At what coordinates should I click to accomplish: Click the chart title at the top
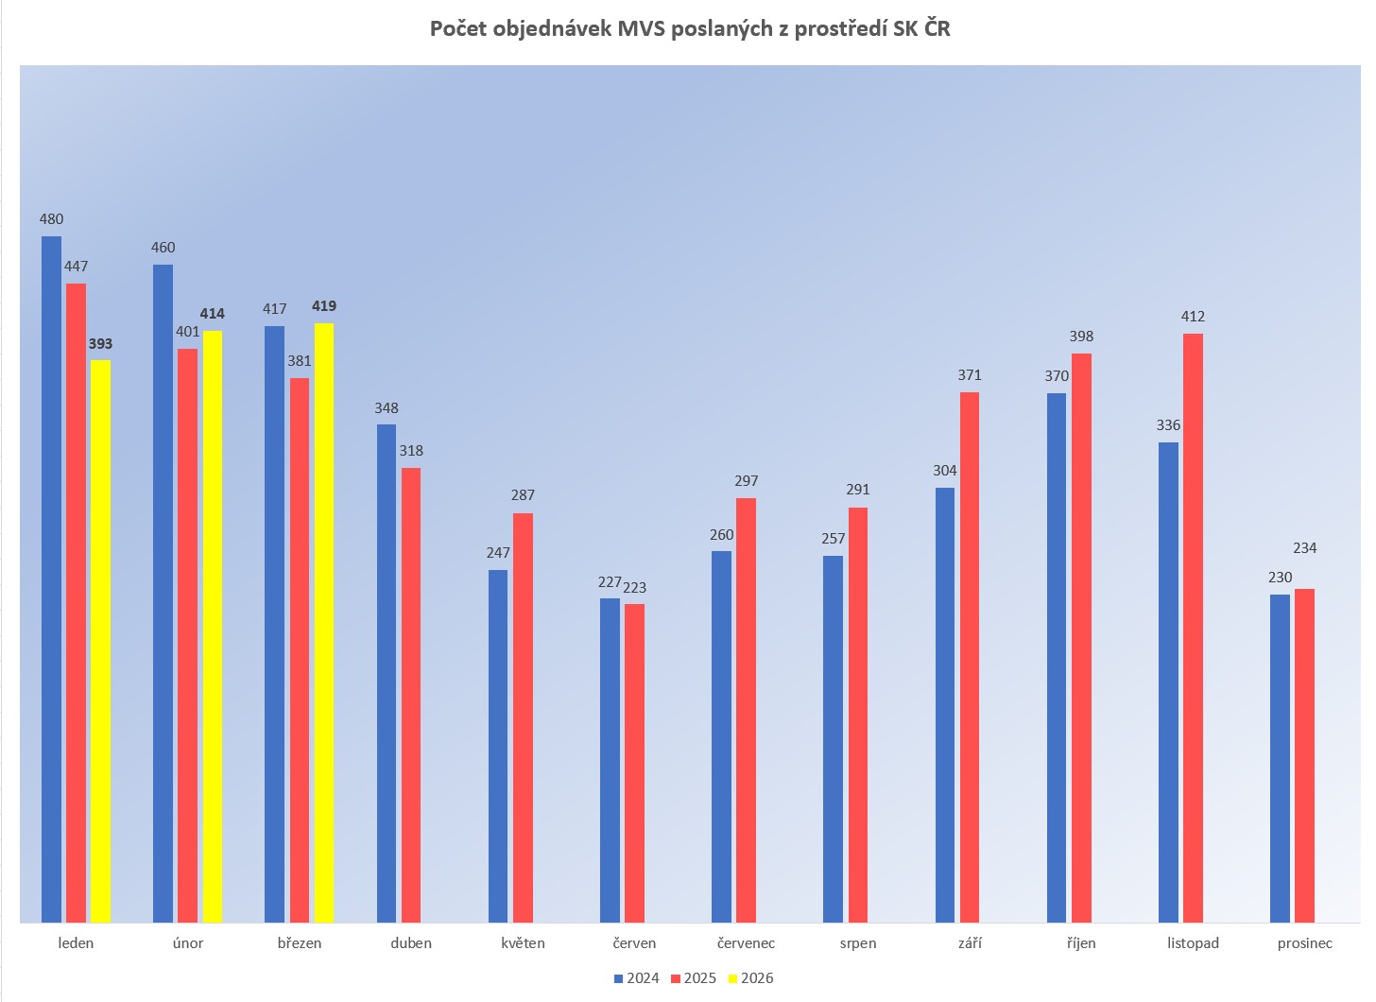tap(690, 29)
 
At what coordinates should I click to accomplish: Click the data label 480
tap(51, 219)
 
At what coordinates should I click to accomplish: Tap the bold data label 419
tap(324, 306)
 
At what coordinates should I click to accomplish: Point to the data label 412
tap(1193, 317)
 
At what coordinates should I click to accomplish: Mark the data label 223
tap(635, 588)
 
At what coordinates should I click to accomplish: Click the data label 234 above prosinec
tap(1305, 548)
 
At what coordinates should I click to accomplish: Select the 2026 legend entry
tap(751, 978)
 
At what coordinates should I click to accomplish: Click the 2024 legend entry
tap(637, 978)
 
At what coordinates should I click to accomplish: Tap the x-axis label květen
tap(523, 943)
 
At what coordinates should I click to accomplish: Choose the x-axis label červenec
tap(746, 943)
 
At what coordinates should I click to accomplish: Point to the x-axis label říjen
tap(1081, 943)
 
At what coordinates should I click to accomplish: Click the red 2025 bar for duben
tap(411, 695)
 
